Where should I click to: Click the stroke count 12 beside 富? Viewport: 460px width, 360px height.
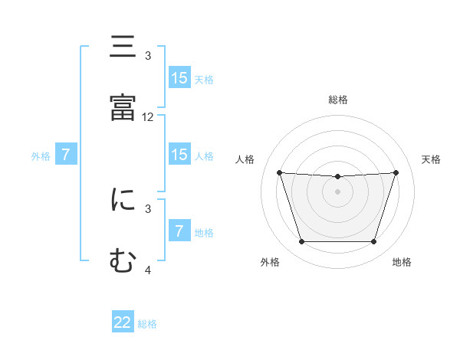pyautogui.click(x=148, y=117)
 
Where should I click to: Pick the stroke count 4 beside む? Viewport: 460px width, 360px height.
pyautogui.click(x=148, y=270)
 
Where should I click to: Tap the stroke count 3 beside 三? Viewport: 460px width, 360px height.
pyautogui.click(x=148, y=56)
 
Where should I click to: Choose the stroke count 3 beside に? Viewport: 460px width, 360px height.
pyautogui.click(x=148, y=208)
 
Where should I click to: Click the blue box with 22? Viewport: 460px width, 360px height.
pyautogui.click(x=123, y=322)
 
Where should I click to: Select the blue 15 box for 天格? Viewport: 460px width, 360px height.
pyautogui.click(x=179, y=78)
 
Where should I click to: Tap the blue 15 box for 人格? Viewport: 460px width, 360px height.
pyautogui.click(x=179, y=155)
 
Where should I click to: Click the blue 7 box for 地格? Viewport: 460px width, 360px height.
pyautogui.click(x=179, y=231)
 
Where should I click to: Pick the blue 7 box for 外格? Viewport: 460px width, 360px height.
pyautogui.click(x=66, y=155)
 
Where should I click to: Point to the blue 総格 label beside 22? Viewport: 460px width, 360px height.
pyautogui.click(x=147, y=324)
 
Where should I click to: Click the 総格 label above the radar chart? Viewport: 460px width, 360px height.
pyautogui.click(x=338, y=100)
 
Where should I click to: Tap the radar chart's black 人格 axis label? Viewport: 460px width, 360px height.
pyautogui.click(x=245, y=159)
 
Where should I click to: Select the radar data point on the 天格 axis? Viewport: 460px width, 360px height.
pyautogui.click(x=396, y=172)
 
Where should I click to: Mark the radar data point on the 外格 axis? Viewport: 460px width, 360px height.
pyautogui.click(x=301, y=242)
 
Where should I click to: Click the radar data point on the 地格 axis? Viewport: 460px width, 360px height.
pyautogui.click(x=373, y=242)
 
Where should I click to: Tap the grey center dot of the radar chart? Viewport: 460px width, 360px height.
pyautogui.click(x=337, y=191)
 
